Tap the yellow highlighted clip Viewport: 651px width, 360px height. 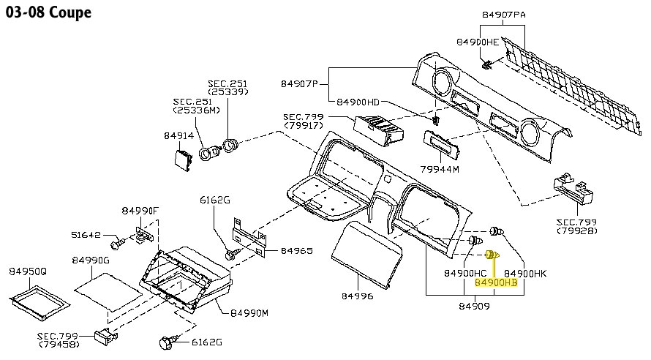pyautogui.click(x=493, y=255)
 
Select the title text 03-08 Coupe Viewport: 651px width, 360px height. pyautogui.click(x=49, y=13)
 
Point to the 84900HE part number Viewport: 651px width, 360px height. pyautogui.click(x=478, y=42)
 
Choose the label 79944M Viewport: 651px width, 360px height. pyautogui.click(x=439, y=169)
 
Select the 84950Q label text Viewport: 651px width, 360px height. pyautogui.click(x=28, y=271)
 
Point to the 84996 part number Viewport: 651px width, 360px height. pyautogui.click(x=357, y=296)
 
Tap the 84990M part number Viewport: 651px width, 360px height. pyautogui.click(x=249, y=312)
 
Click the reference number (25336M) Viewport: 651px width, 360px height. pyautogui.click(x=196, y=110)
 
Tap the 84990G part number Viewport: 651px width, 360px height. pyautogui.click(x=91, y=260)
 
